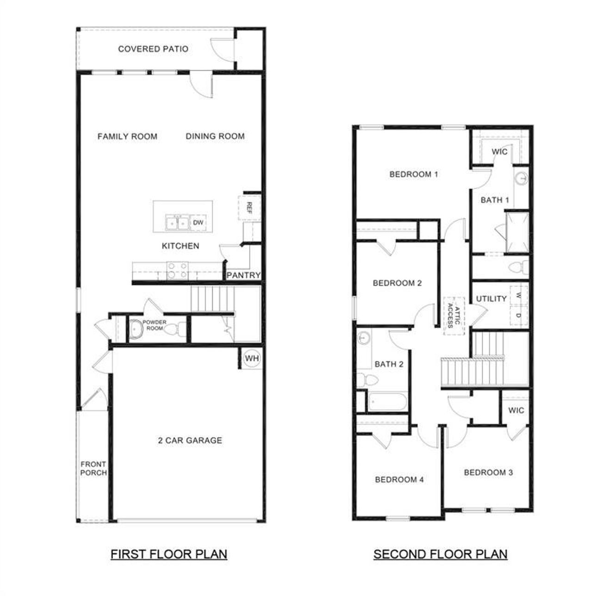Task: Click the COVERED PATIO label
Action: [153, 49]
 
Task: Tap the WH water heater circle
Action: [252, 359]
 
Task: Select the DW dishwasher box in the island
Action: [198, 223]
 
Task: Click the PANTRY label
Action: [244, 275]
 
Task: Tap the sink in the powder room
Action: [135, 329]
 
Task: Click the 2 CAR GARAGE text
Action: [190, 441]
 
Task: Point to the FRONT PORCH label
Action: [93, 468]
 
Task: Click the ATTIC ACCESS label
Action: [454, 315]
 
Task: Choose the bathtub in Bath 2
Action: [388, 401]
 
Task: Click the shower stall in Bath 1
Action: [517, 231]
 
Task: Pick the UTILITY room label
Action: [491, 299]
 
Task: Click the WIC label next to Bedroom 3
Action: [516, 410]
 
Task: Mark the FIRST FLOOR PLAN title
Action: [169, 554]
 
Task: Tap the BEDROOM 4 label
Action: [399, 480]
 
